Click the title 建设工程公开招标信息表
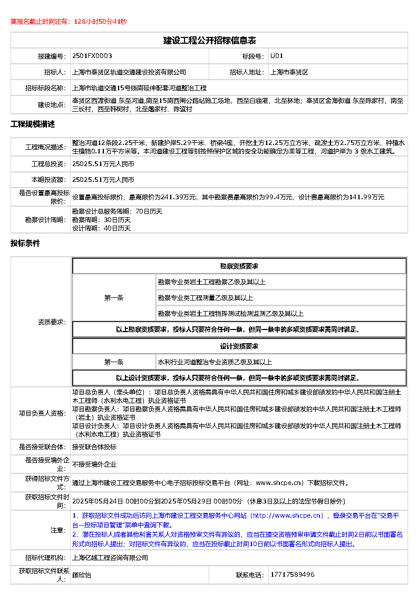(209, 41)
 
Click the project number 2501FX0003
(92, 56)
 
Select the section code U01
(277, 56)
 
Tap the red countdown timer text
(69, 22)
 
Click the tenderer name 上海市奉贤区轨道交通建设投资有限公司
(129, 72)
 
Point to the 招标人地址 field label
(247, 72)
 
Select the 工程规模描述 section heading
(33, 124)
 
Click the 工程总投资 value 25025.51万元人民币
(103, 164)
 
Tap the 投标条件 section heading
(25, 244)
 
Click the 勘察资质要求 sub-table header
(239, 266)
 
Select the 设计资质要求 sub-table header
(239, 346)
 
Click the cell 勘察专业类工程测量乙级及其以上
(206, 298)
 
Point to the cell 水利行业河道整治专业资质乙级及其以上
(215, 362)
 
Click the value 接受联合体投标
(94, 447)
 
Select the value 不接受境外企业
(94, 465)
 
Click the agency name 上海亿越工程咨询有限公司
(110, 558)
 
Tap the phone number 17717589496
(292, 575)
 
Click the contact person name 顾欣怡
(82, 575)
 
